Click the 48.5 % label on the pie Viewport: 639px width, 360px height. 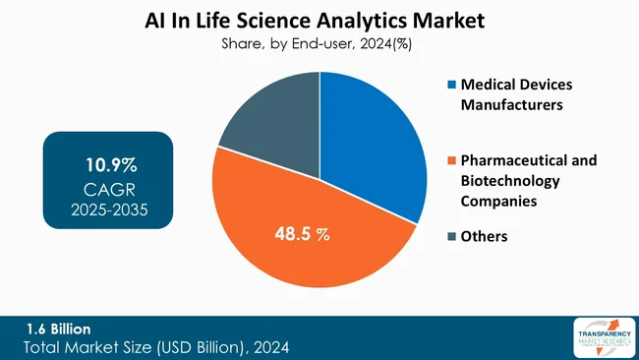pyautogui.click(x=303, y=235)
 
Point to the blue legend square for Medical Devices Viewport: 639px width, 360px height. pyautogui.click(x=439, y=86)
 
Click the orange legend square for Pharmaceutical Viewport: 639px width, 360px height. pyautogui.click(x=439, y=160)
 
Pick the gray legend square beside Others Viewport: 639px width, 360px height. pyautogui.click(x=439, y=236)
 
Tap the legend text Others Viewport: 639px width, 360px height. pyautogui.click(x=476, y=236)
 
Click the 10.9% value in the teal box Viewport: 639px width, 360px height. pyautogui.click(x=108, y=164)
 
